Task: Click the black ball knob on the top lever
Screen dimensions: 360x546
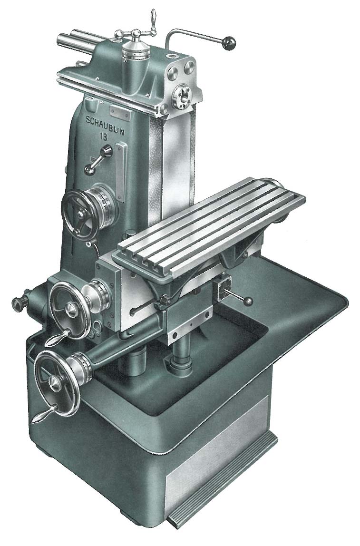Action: tap(229, 43)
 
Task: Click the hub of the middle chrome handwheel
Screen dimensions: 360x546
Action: tap(71, 308)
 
